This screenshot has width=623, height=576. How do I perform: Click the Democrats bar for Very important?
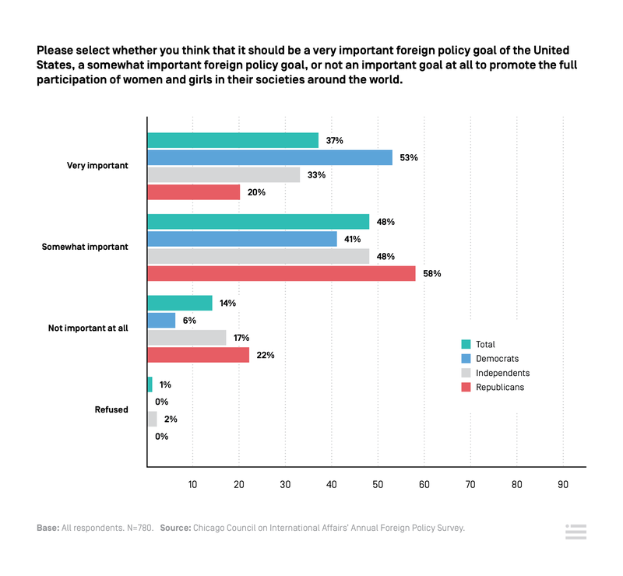pyautogui.click(x=269, y=157)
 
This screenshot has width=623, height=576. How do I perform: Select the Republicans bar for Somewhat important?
pyautogui.click(x=281, y=273)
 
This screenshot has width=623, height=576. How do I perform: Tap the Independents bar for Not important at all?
pyautogui.click(x=186, y=338)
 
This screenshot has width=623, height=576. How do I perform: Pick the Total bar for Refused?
pyautogui.click(x=150, y=385)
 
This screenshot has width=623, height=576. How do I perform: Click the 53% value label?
pyautogui.click(x=410, y=157)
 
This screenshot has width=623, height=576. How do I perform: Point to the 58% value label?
pyautogui.click(x=432, y=273)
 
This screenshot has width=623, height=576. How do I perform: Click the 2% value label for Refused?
pyautogui.click(x=171, y=419)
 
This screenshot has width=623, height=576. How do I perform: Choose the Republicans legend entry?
pyautogui.click(x=499, y=387)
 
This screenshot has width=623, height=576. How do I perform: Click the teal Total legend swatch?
pyautogui.click(x=466, y=344)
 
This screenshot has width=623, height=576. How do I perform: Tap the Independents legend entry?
pyautogui.click(x=502, y=373)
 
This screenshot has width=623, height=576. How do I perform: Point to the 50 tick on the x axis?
pyautogui.click(x=378, y=484)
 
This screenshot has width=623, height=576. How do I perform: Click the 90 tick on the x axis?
pyautogui.click(x=563, y=484)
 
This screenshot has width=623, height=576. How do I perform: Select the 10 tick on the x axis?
pyautogui.click(x=192, y=484)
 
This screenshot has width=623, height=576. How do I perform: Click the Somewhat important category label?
pyautogui.click(x=84, y=247)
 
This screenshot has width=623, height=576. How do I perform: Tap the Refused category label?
pyautogui.click(x=111, y=409)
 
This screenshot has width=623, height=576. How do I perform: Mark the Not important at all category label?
pyautogui.click(x=87, y=328)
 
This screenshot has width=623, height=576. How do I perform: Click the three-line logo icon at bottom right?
pyautogui.click(x=575, y=532)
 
